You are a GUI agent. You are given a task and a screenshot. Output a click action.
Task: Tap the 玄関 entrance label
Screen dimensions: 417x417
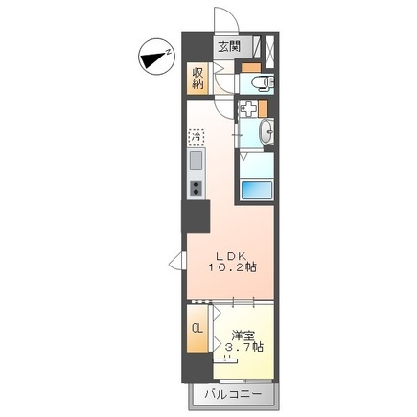pyautogui.click(x=228, y=46)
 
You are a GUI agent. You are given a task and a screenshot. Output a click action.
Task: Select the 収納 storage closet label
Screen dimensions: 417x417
pyautogui.click(x=197, y=78)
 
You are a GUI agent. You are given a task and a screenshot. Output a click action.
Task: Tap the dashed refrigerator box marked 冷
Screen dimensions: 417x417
pyautogui.click(x=196, y=137)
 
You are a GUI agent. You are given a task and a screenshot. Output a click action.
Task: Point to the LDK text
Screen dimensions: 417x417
pyautogui.click(x=231, y=256)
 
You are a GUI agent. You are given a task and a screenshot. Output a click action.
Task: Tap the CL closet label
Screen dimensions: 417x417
pyautogui.click(x=197, y=329)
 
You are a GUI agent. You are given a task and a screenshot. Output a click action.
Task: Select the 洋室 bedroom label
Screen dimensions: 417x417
pyautogui.click(x=243, y=336)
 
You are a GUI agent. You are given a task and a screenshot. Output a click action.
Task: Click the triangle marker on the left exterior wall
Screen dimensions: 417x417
pyautogui.click(x=175, y=259)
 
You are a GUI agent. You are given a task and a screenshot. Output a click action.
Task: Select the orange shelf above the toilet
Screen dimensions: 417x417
pyautogui.click(x=249, y=67)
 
